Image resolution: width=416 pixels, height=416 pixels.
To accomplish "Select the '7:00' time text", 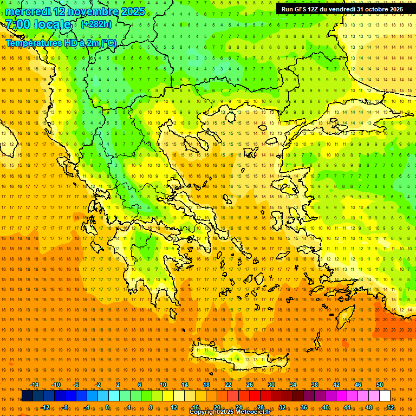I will (17, 24).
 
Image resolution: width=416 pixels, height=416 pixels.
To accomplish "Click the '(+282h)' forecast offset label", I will (96, 24).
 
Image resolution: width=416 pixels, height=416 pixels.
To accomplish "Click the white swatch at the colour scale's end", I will (385, 396).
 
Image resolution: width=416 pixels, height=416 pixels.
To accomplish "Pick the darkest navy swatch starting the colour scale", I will (27, 396).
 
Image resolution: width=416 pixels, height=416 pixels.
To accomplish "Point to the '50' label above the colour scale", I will (380, 385).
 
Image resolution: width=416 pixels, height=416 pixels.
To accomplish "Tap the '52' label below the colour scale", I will (390, 407).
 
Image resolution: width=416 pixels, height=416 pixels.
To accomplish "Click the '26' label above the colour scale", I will (250, 385).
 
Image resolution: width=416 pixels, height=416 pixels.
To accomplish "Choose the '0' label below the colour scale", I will (107, 407).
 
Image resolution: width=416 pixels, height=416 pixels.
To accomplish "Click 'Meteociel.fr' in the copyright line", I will (252, 412).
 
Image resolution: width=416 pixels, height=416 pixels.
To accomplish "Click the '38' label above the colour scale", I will (315, 385).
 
